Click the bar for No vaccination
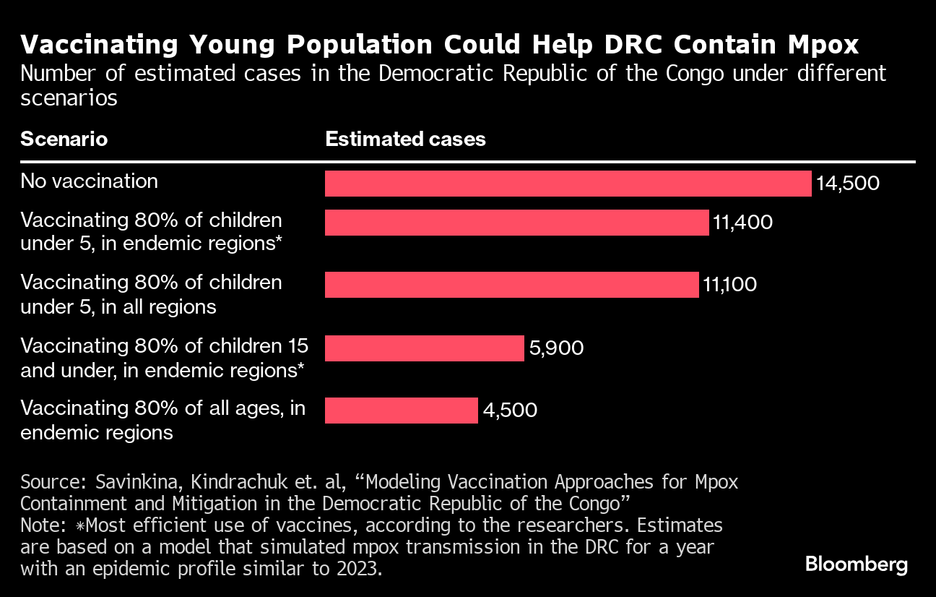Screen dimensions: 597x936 [x=568, y=184]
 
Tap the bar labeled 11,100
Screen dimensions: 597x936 [x=511, y=285]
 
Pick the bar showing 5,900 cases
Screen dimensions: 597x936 [x=424, y=348]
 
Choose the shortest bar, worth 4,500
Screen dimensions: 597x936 [x=401, y=411]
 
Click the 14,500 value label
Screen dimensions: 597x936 [x=848, y=184]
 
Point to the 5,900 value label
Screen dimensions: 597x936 [x=556, y=348]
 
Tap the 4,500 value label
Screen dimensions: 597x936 [x=510, y=411]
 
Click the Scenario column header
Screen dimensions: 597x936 [x=64, y=139]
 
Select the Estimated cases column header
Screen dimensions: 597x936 [x=405, y=139]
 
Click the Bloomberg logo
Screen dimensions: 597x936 [x=856, y=564]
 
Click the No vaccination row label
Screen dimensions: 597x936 [x=89, y=181]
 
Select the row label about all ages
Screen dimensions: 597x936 [x=162, y=420]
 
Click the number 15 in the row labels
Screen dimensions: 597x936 [x=290, y=345]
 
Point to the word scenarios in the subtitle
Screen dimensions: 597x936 [x=69, y=98]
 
